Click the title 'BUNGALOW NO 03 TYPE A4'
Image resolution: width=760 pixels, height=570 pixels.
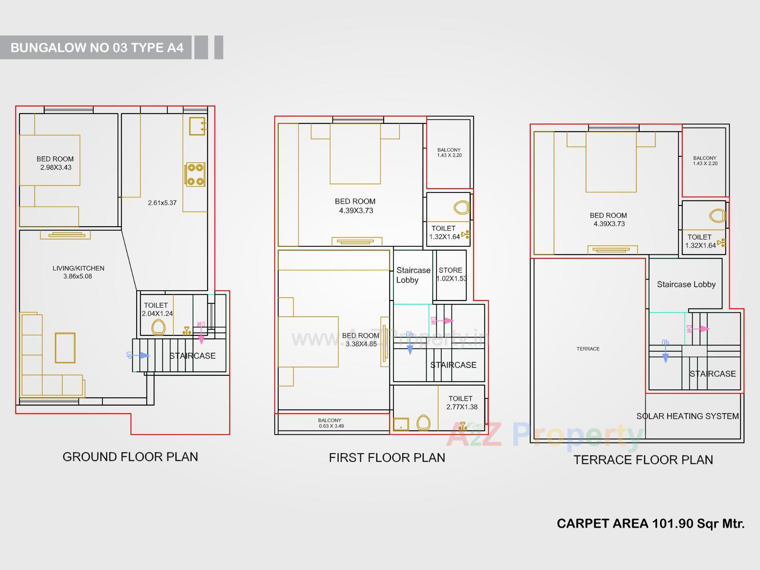point(97,48)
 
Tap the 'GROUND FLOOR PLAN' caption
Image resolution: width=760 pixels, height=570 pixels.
point(130,457)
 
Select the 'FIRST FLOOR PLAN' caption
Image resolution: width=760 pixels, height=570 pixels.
point(387,458)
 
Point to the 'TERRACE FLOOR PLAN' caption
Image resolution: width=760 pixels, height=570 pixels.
point(643,459)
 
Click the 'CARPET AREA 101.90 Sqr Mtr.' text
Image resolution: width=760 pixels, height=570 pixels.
point(650,524)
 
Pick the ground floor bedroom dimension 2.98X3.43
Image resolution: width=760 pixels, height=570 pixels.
point(56,168)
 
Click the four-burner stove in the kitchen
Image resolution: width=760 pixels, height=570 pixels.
point(195,174)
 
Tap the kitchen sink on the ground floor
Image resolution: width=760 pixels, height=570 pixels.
point(197,126)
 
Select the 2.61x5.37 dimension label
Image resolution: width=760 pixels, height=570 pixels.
point(162,203)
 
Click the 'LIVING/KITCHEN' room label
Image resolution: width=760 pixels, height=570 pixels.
point(78,268)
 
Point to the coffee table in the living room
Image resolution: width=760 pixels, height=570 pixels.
point(65,348)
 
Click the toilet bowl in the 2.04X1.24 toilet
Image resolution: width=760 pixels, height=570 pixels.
point(158,327)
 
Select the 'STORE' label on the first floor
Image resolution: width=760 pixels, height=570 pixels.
point(450,270)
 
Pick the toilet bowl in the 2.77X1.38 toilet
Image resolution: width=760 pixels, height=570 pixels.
point(424,423)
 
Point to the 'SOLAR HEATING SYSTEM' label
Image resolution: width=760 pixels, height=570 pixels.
point(688,416)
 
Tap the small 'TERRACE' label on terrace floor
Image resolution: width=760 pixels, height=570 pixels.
point(588,349)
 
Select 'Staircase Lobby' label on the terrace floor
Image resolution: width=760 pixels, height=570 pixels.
point(686,284)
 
